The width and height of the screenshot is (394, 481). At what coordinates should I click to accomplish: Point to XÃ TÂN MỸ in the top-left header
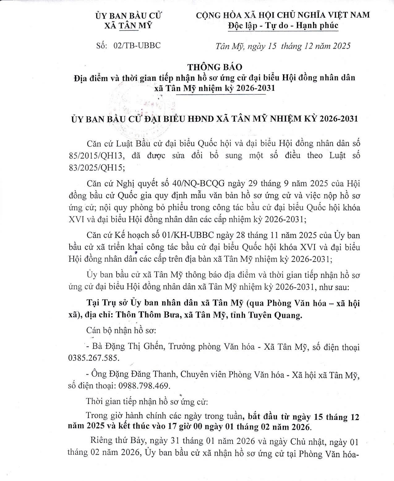129,26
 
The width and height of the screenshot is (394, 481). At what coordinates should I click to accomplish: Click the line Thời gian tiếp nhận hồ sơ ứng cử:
147,402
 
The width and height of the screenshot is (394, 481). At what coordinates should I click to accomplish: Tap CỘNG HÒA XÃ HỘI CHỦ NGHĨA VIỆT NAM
283,15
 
